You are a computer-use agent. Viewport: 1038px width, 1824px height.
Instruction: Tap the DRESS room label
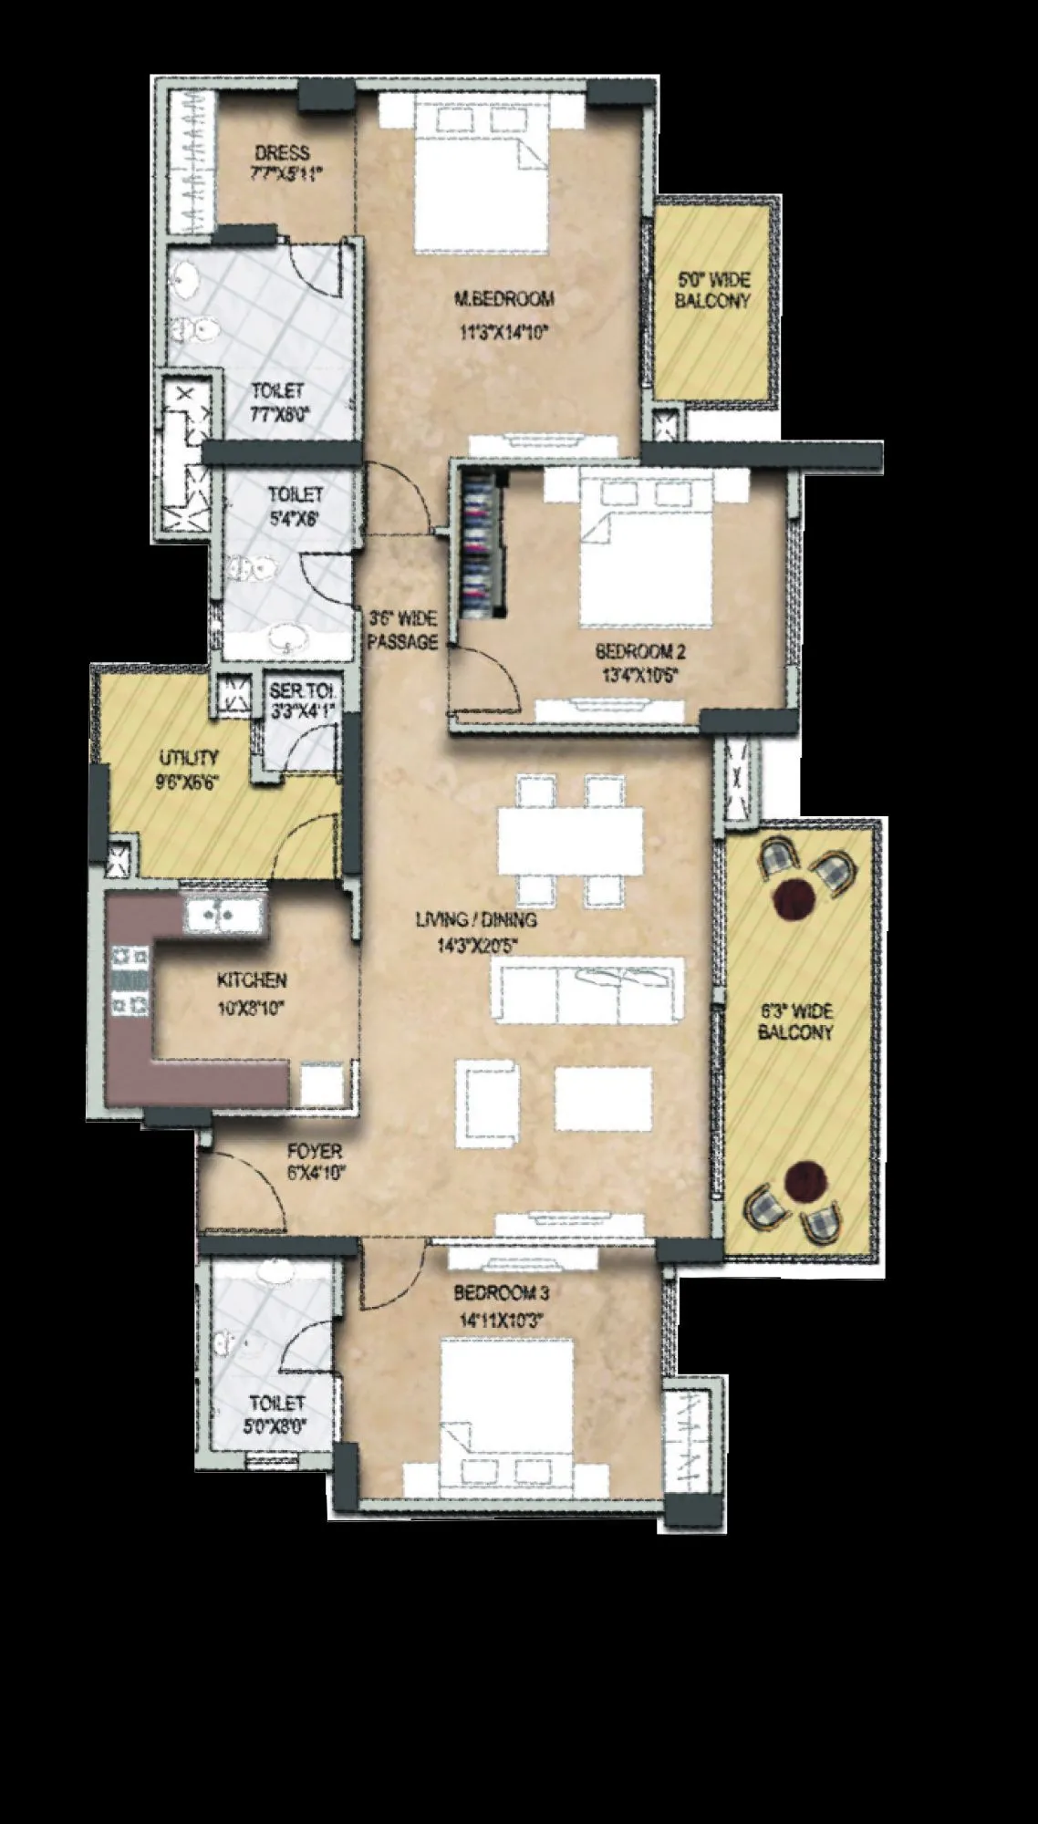(282, 153)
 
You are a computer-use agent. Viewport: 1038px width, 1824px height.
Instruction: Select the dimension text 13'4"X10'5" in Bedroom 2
(639, 676)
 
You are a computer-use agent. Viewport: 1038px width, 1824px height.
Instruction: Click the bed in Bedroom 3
(507, 1404)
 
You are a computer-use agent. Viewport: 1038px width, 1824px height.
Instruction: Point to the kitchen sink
(223, 913)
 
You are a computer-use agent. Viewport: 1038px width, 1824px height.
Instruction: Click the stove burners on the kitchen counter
(129, 981)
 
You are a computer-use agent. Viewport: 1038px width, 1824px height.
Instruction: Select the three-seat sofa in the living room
(587, 991)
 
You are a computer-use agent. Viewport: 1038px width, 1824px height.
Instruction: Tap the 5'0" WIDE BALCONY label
(712, 290)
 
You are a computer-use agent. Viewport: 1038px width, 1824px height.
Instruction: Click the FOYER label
(315, 1152)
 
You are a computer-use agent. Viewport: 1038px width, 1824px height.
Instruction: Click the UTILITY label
(189, 757)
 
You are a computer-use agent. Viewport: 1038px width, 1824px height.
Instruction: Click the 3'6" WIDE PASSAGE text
(402, 630)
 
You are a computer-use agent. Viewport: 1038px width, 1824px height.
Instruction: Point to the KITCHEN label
(252, 980)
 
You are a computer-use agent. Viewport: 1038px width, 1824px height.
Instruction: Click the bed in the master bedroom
(482, 178)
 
